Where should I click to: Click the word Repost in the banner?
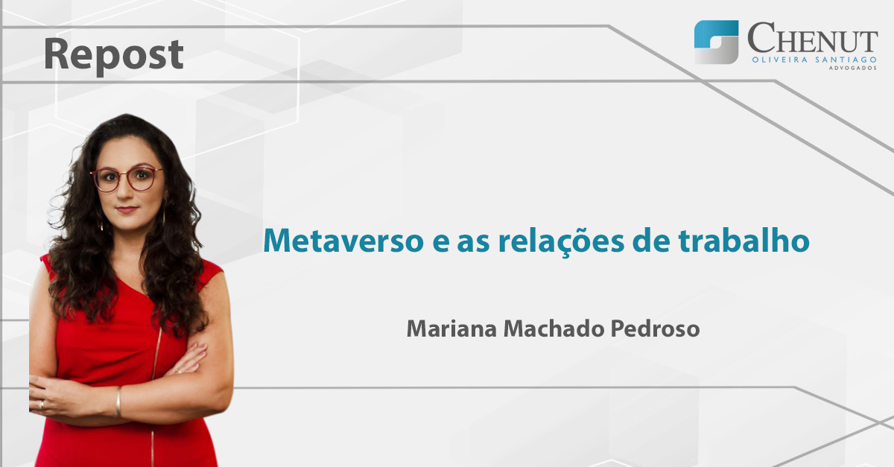click(114, 55)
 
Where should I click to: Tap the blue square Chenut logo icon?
click(716, 42)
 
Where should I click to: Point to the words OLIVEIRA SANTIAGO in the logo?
click(814, 60)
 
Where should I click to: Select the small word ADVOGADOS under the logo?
click(853, 68)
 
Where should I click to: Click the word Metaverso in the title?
click(343, 241)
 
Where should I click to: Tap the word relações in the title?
click(561, 242)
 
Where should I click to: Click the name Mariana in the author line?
click(451, 329)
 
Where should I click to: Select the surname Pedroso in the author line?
click(655, 329)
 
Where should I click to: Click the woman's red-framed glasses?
click(127, 180)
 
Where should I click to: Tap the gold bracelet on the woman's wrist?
click(118, 401)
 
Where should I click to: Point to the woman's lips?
click(127, 209)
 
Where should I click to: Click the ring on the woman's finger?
click(42, 404)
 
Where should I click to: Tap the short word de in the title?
click(651, 240)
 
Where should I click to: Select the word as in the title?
click(473, 244)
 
